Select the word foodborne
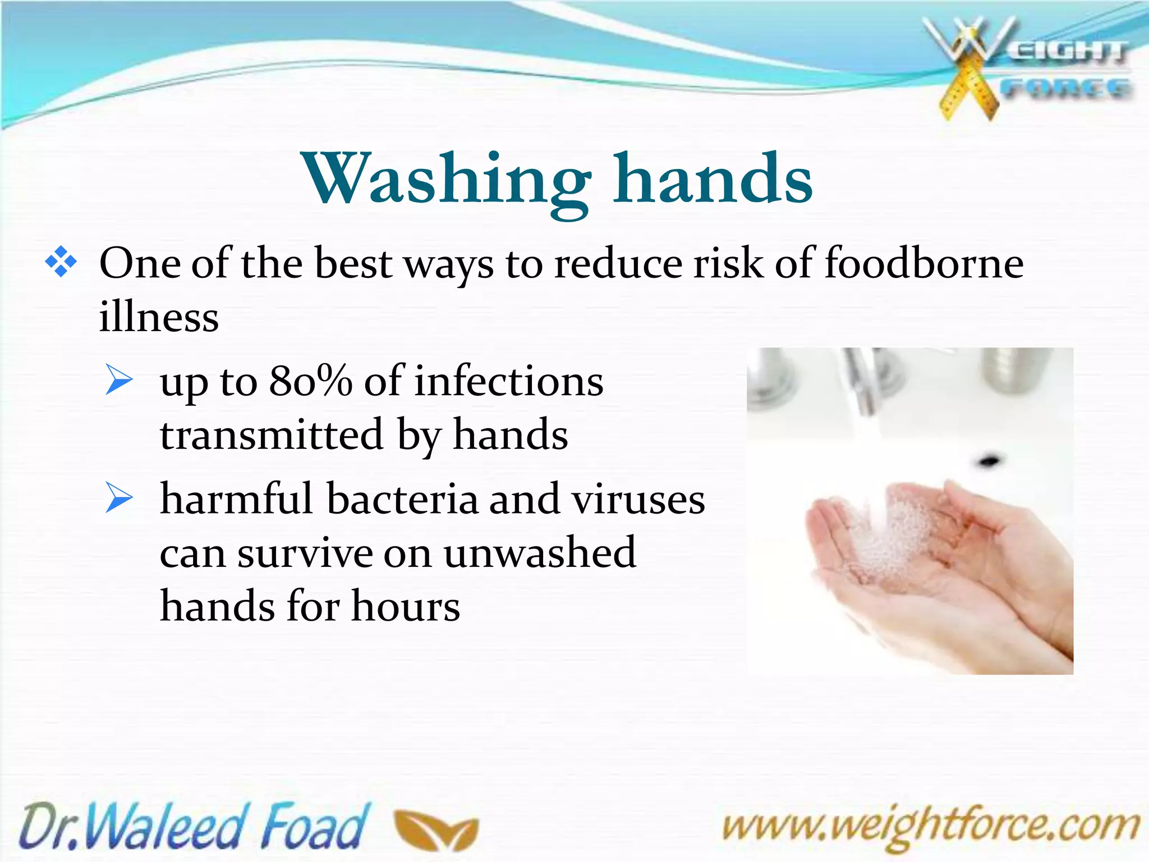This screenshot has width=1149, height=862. tap(924, 263)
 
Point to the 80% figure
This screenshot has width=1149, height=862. tap(310, 382)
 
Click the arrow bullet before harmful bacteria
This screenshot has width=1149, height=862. tap(118, 498)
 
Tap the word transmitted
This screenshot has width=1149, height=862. tap(272, 435)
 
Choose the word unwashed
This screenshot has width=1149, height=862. tap(539, 553)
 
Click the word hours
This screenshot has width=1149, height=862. tap(405, 607)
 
